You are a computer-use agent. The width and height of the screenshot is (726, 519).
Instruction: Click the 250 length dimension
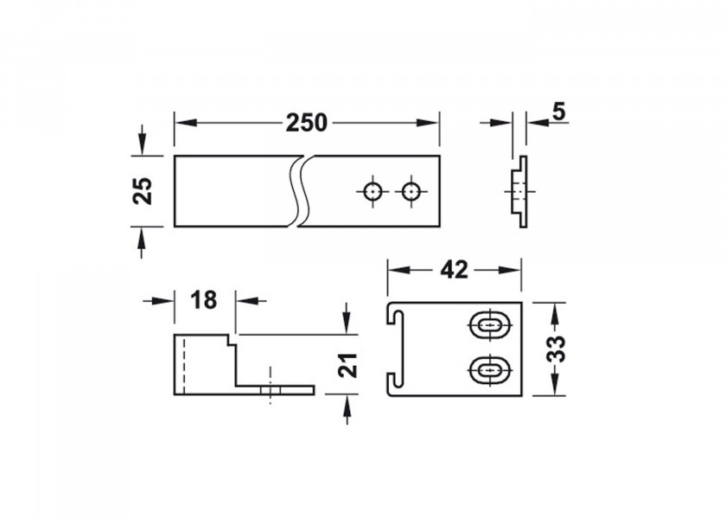point(307,123)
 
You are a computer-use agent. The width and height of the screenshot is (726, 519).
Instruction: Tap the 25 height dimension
point(143,191)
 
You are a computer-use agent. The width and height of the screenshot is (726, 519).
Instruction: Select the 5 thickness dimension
point(559,112)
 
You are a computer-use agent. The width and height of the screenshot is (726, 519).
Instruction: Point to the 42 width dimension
point(455,270)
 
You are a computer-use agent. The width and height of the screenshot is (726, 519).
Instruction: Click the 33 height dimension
point(556,349)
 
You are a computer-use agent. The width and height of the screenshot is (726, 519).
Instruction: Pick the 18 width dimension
point(203,300)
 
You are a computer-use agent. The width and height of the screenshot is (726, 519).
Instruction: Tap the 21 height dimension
point(348,365)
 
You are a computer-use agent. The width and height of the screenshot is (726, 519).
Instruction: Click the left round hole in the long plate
point(373,191)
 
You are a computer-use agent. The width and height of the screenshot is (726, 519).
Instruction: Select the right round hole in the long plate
point(411,191)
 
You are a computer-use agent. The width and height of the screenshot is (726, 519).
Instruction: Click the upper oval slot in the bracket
point(489,325)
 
